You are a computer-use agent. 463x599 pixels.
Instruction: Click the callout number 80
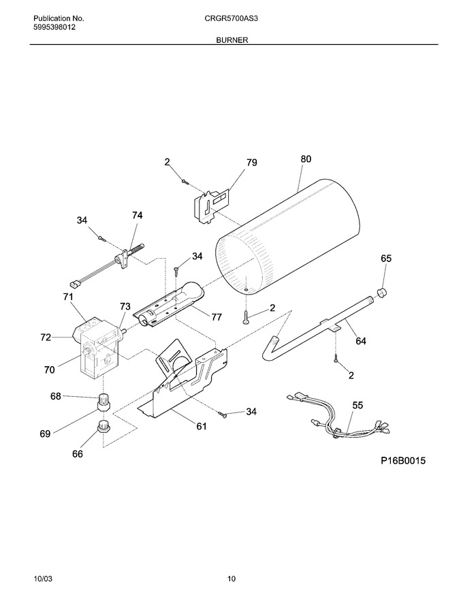click(x=306, y=159)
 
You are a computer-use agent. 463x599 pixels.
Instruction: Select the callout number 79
click(x=252, y=163)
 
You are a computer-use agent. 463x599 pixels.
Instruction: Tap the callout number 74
click(x=137, y=216)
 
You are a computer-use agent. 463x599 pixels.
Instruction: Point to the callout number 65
click(x=386, y=259)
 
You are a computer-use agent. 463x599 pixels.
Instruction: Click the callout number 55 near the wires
click(x=357, y=405)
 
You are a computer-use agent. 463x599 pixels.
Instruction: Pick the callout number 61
click(x=202, y=426)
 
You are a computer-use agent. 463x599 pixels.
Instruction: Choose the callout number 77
click(x=217, y=317)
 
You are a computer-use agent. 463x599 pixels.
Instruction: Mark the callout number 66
click(x=77, y=454)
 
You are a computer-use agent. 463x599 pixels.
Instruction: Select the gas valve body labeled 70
click(x=99, y=350)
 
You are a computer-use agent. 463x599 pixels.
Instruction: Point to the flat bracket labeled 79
click(x=211, y=205)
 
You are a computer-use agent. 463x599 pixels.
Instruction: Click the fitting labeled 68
click(x=103, y=402)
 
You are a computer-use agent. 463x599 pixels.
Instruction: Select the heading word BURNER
click(x=232, y=39)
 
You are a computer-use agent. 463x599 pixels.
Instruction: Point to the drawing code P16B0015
click(x=403, y=461)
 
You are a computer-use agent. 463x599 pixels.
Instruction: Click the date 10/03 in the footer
click(x=43, y=579)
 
